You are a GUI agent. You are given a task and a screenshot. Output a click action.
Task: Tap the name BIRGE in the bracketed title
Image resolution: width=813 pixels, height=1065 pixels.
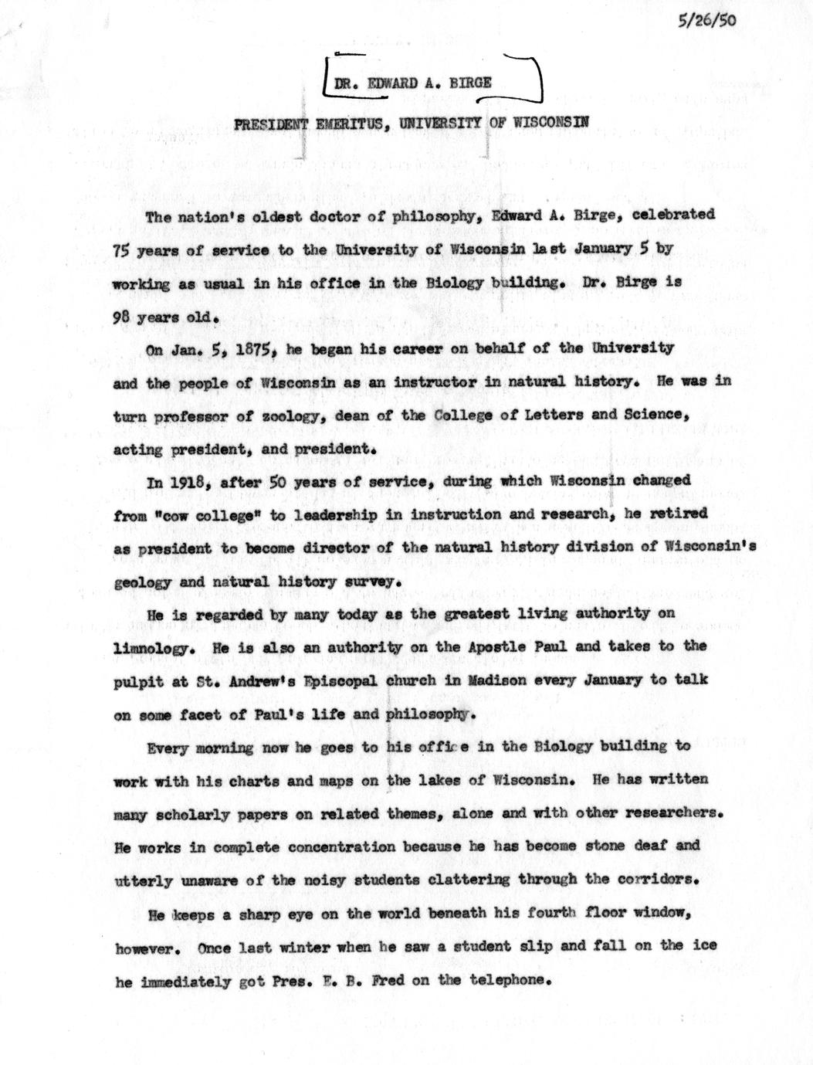[x=468, y=83]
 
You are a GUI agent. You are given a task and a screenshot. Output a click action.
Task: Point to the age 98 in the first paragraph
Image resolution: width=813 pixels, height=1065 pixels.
[x=122, y=316]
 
